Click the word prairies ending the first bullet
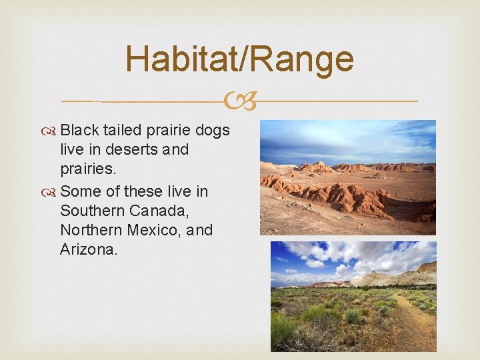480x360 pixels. click(x=87, y=169)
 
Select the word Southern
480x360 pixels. click(x=93, y=211)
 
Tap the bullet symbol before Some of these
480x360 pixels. click(x=52, y=192)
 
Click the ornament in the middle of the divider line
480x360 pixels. click(x=239, y=102)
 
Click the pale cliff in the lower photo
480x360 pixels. click(x=400, y=275)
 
